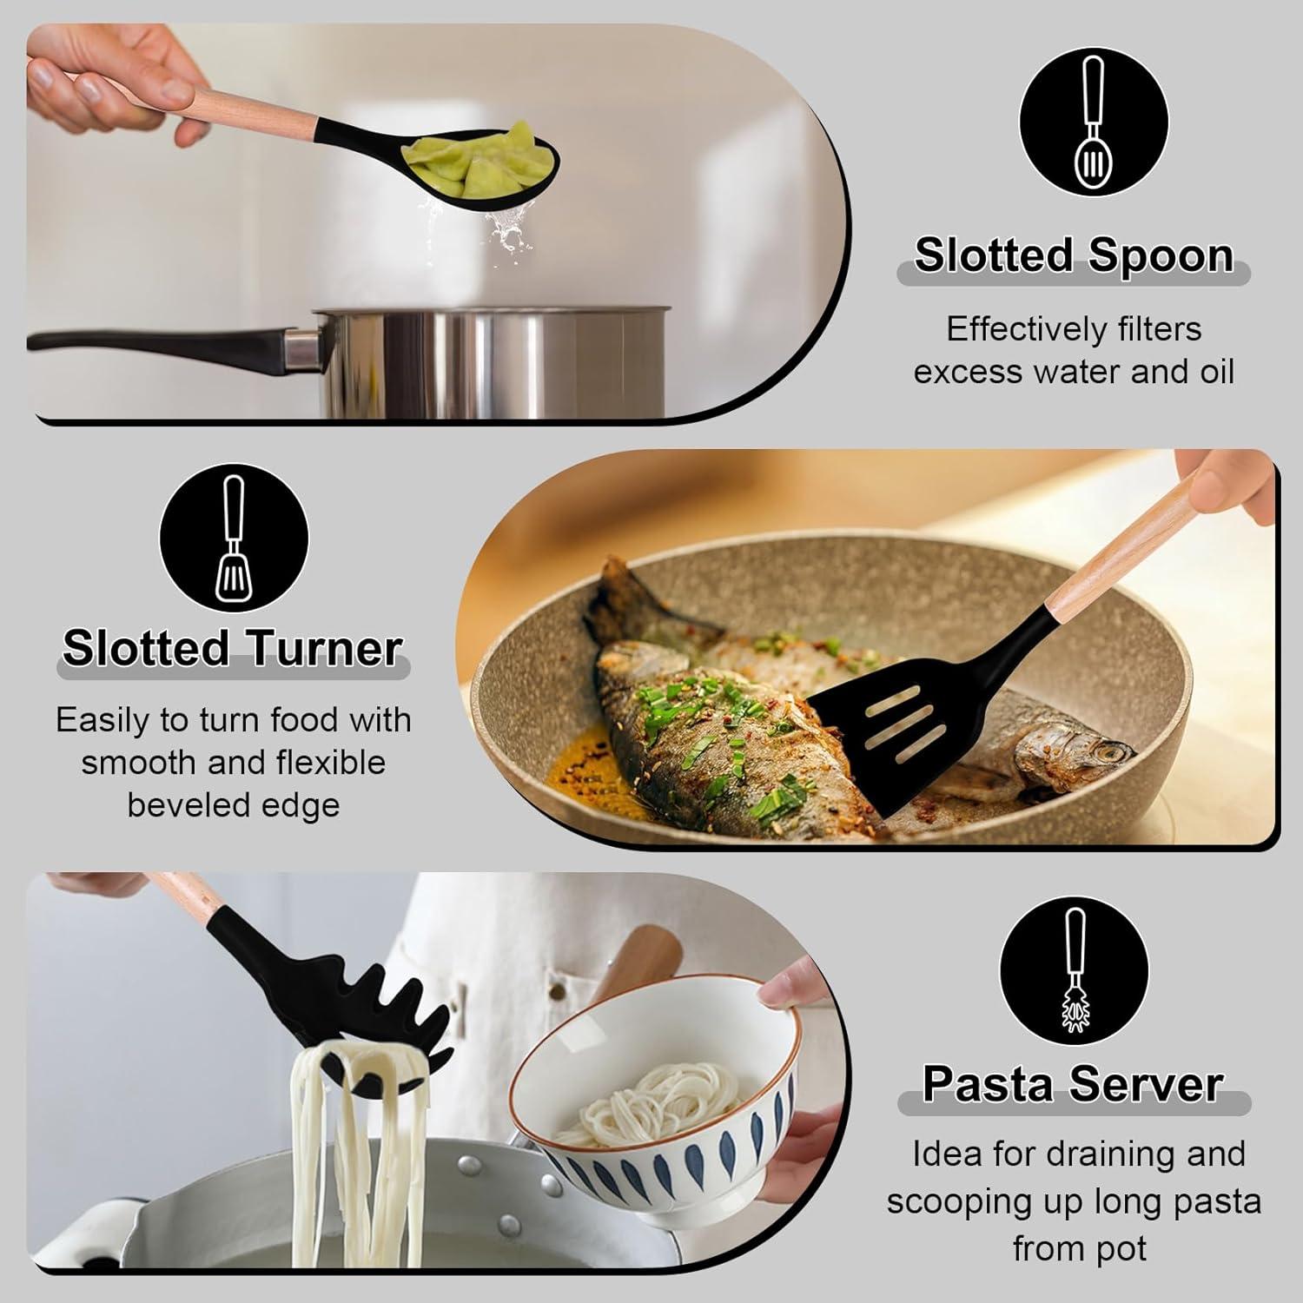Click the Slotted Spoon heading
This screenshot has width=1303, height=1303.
coord(1074,255)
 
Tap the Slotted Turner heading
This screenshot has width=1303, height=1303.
coord(232,649)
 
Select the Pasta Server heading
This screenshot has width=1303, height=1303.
coord(1073,1083)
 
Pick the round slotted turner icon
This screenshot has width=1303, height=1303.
coord(234,539)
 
